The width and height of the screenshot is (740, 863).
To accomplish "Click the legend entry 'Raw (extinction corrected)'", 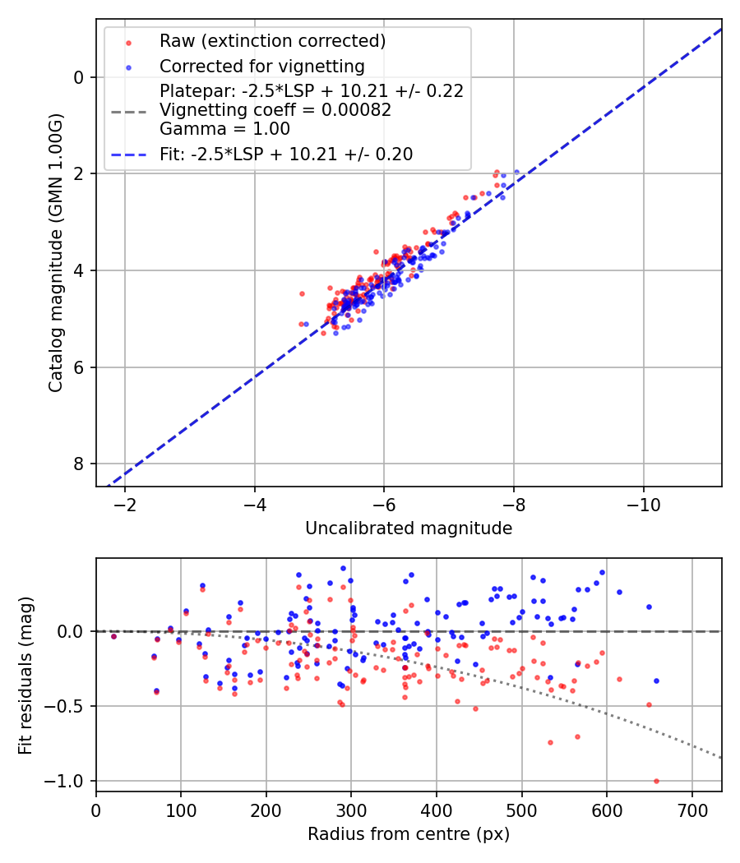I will point(272,41).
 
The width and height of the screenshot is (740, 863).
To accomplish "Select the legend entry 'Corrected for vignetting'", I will point(261,66).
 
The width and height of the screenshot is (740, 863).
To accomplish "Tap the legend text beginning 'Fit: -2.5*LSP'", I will point(285,154).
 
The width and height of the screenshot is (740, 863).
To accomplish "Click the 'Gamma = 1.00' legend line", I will point(224,128).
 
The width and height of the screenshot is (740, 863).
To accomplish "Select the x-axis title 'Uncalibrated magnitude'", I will point(409,528).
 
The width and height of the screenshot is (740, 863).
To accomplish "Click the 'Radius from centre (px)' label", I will point(409,834).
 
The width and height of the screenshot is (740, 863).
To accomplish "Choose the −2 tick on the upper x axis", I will point(125,504).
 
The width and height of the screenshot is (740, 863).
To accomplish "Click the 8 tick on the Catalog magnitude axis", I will point(80,464).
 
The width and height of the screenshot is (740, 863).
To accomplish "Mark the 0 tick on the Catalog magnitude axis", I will point(80,77).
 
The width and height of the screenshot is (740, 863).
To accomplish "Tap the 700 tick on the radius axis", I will point(691,810).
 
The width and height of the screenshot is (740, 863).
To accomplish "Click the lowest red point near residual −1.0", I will point(656,781).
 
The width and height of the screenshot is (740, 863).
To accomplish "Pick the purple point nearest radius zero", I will point(113,636).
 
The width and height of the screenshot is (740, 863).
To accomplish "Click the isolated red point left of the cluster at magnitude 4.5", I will point(302,293).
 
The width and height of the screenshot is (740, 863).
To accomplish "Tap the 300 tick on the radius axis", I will point(351,810).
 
